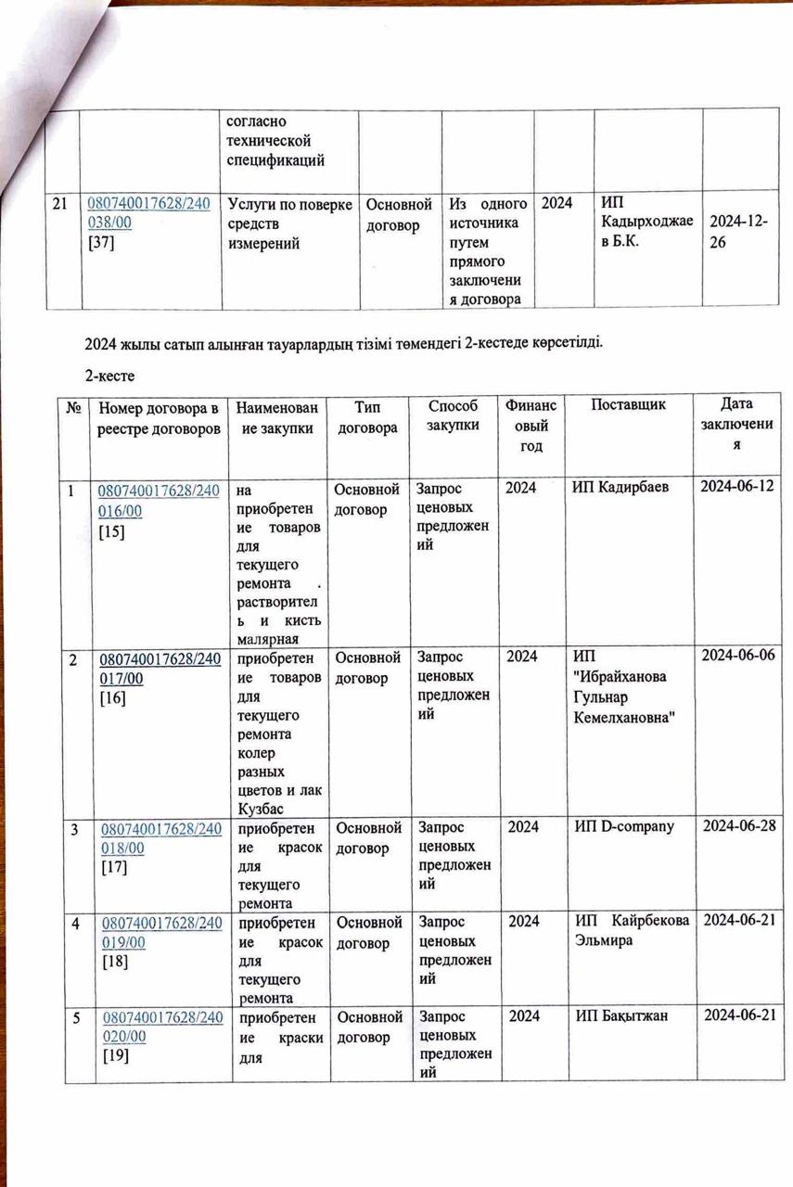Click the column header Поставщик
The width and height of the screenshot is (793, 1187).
(x=627, y=405)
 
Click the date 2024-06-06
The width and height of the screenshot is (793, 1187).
(x=738, y=657)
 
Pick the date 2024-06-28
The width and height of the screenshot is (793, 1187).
(x=738, y=826)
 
